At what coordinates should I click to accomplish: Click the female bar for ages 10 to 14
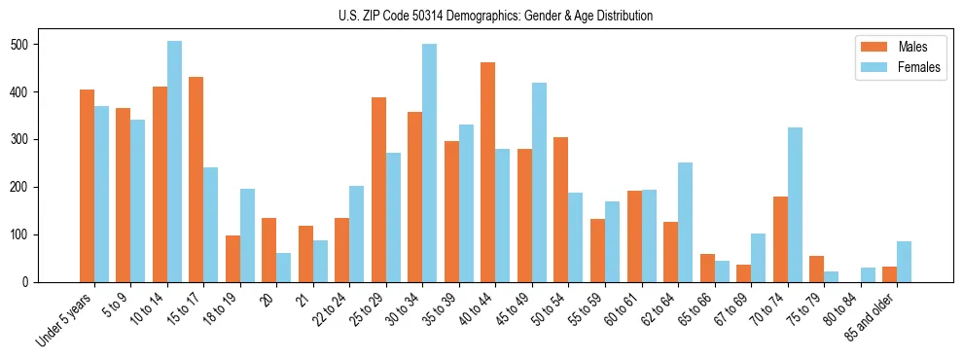coord(174,162)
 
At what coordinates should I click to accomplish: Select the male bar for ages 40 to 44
coord(488,172)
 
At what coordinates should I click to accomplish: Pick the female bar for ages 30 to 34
coord(430,163)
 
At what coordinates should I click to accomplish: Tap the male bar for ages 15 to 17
coord(196,180)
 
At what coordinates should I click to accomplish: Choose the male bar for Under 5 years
coord(87,186)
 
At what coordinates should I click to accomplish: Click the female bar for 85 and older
coord(904,262)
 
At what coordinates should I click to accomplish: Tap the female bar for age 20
coord(284,268)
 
